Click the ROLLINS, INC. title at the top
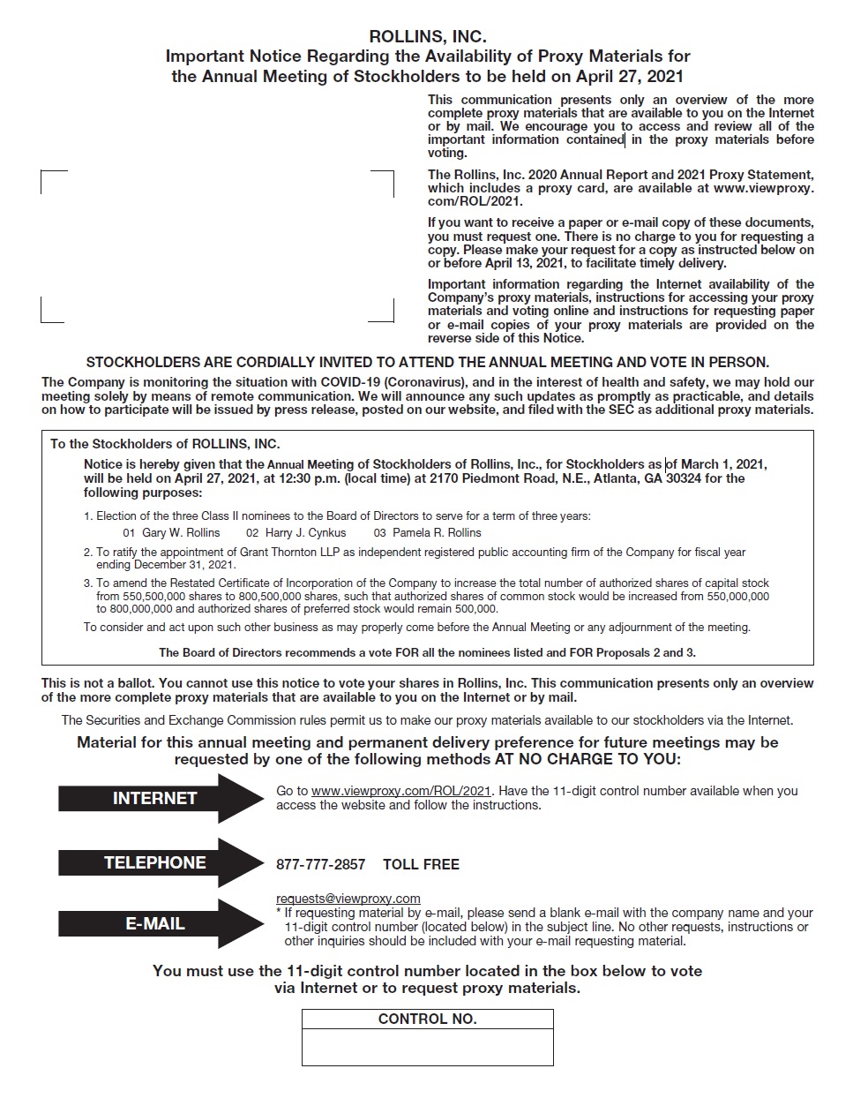click(x=427, y=36)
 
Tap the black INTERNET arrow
click(x=159, y=798)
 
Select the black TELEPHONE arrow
click(x=159, y=862)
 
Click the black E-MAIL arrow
click(x=159, y=923)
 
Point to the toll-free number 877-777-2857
click(x=320, y=864)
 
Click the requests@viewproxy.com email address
click(x=348, y=899)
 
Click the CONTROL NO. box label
click(x=427, y=1019)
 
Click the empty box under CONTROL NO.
click(x=427, y=1048)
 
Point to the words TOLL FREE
click(x=421, y=864)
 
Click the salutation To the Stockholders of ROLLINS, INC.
click(x=165, y=444)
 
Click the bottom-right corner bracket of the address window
click(x=391, y=319)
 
